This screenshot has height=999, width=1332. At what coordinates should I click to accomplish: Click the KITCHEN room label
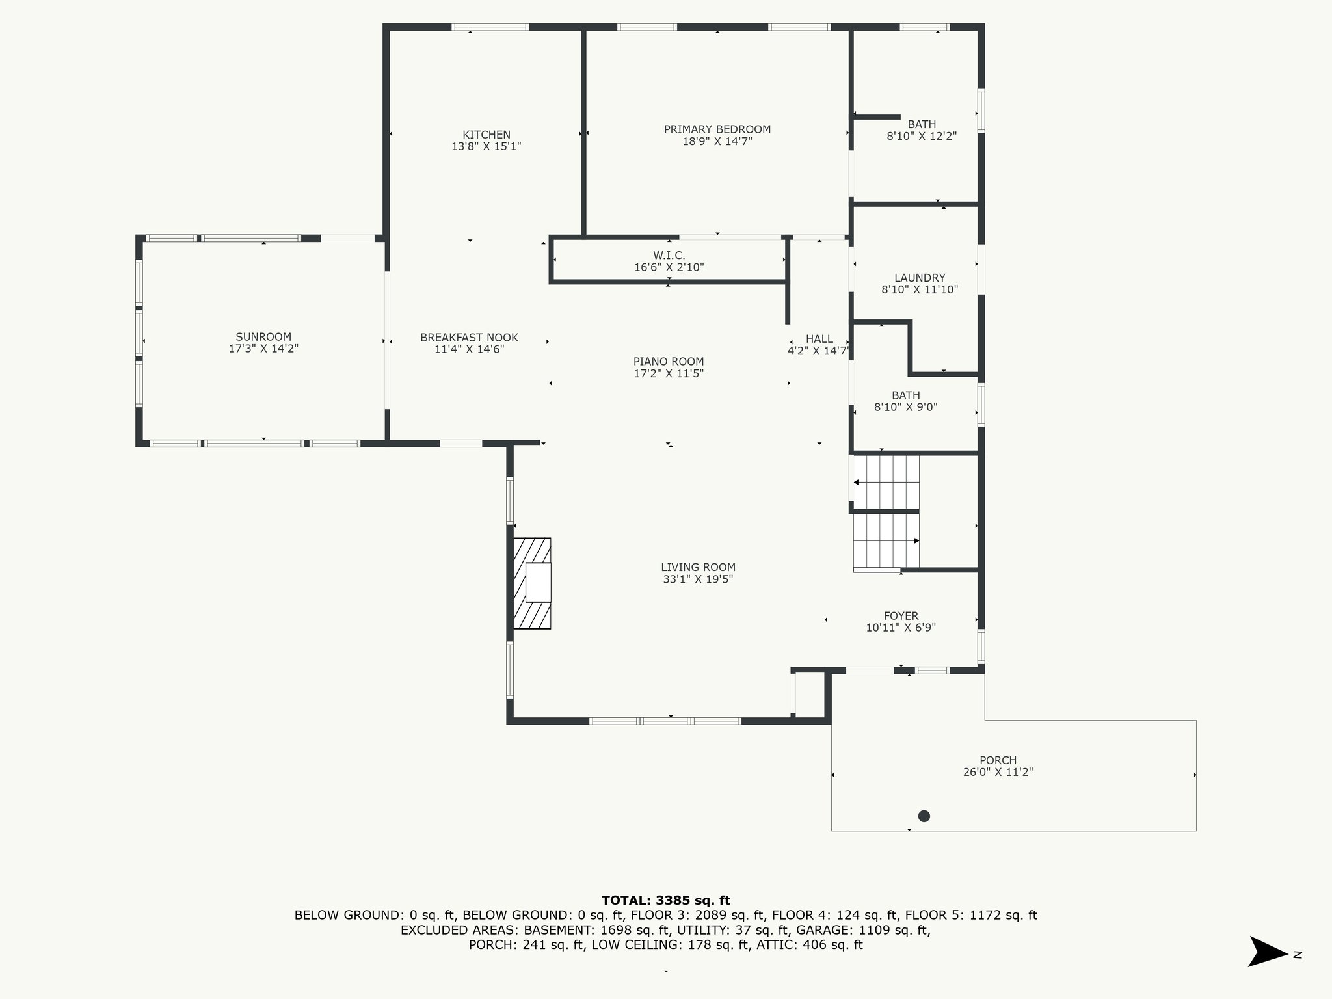(486, 135)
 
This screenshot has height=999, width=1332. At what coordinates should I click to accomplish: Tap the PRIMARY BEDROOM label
(717, 129)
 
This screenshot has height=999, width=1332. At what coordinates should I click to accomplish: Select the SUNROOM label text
(263, 337)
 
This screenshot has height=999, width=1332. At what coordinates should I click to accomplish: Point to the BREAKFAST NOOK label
(469, 338)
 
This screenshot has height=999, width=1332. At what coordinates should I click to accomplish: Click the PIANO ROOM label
(669, 362)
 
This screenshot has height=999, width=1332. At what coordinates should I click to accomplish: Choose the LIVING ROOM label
(698, 567)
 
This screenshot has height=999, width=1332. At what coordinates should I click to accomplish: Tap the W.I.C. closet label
(669, 256)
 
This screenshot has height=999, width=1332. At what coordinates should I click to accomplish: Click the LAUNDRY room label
(920, 278)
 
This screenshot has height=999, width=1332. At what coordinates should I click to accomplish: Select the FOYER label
(901, 616)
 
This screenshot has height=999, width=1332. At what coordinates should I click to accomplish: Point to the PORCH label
(998, 760)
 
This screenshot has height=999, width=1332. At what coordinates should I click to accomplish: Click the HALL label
(819, 339)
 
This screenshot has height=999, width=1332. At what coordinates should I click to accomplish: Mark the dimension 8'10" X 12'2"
(922, 137)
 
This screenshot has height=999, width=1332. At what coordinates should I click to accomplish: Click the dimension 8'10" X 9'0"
(905, 408)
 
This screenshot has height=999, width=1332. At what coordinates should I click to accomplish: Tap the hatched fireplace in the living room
(532, 583)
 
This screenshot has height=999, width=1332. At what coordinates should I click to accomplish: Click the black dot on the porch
(924, 816)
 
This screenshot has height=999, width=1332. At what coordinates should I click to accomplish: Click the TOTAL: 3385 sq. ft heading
(666, 901)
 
